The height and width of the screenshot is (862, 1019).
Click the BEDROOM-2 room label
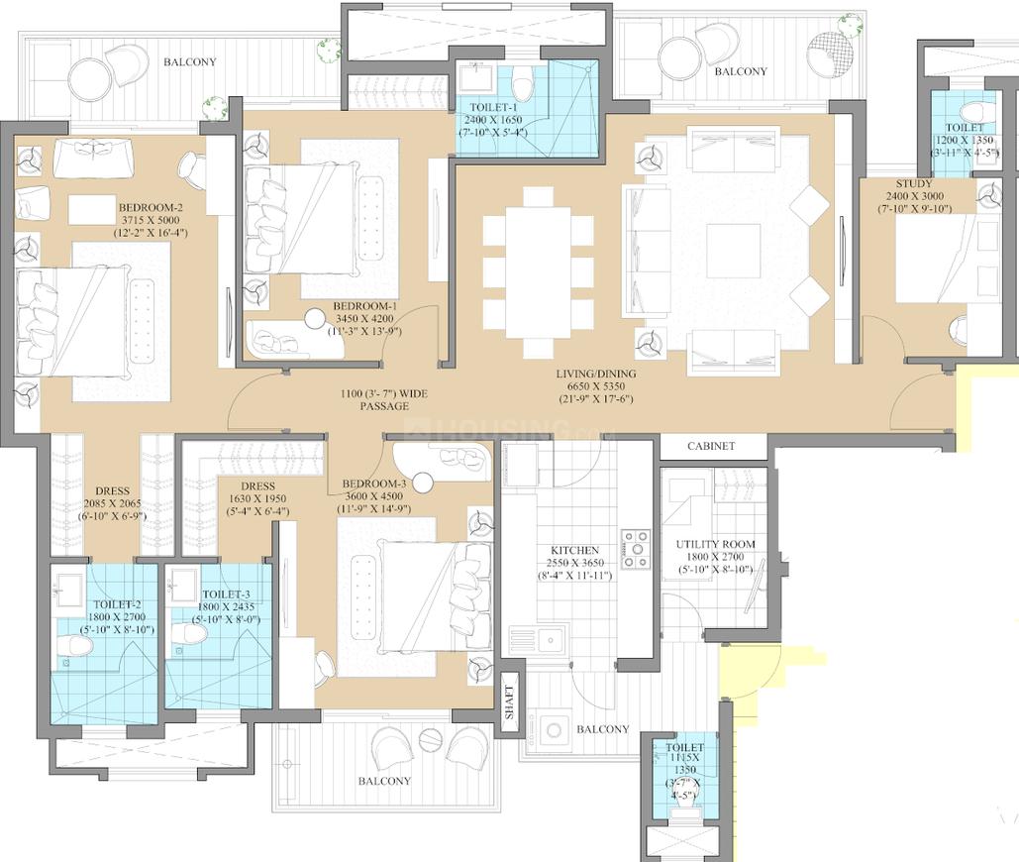point(152,206)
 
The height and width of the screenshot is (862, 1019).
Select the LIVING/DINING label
point(595,374)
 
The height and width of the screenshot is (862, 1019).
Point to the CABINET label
point(711,446)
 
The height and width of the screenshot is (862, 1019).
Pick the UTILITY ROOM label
point(715,544)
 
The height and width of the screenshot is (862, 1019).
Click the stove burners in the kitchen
point(634,550)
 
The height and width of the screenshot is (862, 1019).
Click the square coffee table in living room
point(732,251)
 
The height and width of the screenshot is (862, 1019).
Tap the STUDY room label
point(913,183)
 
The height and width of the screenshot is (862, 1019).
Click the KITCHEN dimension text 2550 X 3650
point(574,563)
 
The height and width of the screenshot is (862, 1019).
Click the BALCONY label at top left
point(188,61)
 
